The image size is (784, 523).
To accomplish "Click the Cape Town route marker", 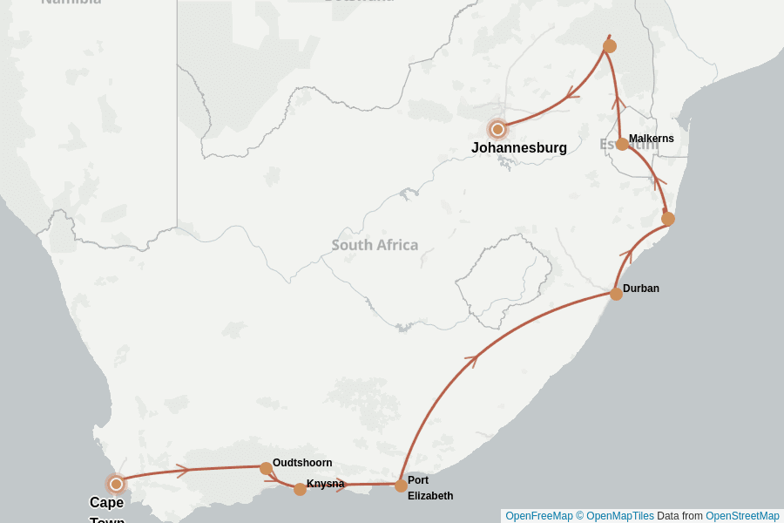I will pos(116,484).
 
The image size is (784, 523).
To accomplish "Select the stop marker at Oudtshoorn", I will pos(266,468).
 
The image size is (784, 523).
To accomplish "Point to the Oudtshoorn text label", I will pos(302,463).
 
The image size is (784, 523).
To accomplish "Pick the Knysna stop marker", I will pos(300,489).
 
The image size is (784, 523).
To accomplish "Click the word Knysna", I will pos(325,484).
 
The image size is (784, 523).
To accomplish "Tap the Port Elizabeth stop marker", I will pos(401,486).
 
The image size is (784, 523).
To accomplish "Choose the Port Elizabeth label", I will pos(429,488).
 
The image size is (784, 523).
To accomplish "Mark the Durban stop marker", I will pos(616,294).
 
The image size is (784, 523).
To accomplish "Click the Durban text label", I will pos(640,289).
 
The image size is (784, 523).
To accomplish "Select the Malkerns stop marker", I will pos(622,144).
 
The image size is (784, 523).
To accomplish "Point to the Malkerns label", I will pos(651,139).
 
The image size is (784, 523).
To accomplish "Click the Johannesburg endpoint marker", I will pos(497,129).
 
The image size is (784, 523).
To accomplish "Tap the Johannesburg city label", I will pos(518,148).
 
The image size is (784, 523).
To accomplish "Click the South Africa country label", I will pos(375,245).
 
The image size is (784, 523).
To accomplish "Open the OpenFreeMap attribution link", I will pos(538,516).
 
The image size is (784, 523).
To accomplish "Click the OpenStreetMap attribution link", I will pos(742,516).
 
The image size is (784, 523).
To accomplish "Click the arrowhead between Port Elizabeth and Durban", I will pos(473,358).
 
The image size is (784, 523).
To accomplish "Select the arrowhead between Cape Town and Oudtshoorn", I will pos(183,471).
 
